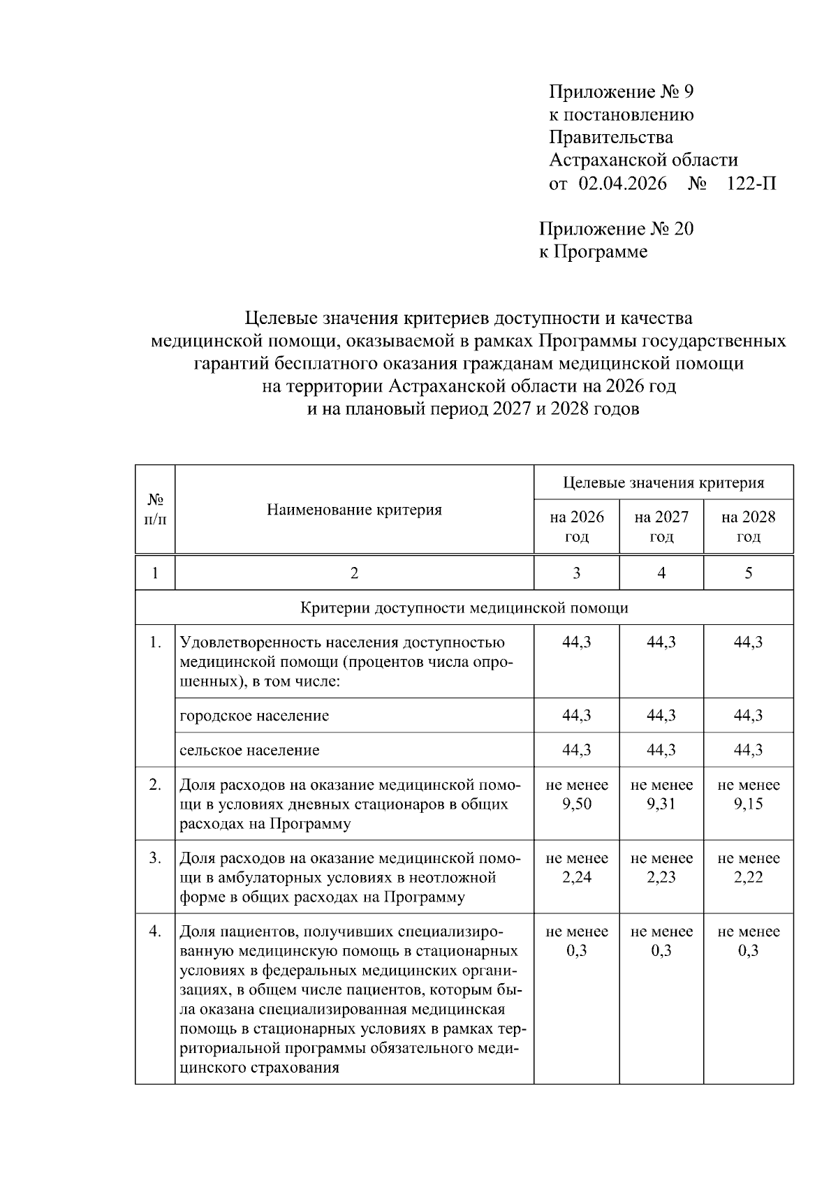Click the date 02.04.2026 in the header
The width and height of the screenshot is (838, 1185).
(x=622, y=184)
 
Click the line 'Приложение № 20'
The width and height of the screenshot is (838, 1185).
(x=616, y=229)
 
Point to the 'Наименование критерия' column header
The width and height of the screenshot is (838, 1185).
(x=354, y=510)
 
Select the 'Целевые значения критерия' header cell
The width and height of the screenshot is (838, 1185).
(x=663, y=483)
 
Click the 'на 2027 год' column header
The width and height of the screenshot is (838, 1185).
(x=661, y=527)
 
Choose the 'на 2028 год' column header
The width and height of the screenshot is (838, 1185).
(x=748, y=527)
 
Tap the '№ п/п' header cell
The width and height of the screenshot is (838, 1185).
(x=155, y=510)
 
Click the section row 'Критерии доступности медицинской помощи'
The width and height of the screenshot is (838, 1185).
(x=464, y=608)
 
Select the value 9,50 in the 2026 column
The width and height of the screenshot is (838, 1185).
(x=576, y=804)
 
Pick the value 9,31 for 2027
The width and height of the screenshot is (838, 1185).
(x=661, y=804)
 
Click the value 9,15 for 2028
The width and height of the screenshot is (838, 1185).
(x=748, y=804)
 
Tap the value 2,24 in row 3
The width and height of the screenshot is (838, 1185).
(x=576, y=877)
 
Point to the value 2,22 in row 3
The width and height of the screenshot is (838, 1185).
(x=748, y=877)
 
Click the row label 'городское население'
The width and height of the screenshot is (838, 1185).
(x=254, y=716)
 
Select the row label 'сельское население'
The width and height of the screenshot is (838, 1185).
(x=249, y=750)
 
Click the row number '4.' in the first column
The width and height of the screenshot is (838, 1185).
(x=155, y=931)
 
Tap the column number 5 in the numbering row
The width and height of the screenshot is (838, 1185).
(x=748, y=573)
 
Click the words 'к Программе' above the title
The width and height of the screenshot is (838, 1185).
(x=593, y=251)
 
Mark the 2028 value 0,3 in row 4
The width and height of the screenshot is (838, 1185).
(x=748, y=950)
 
